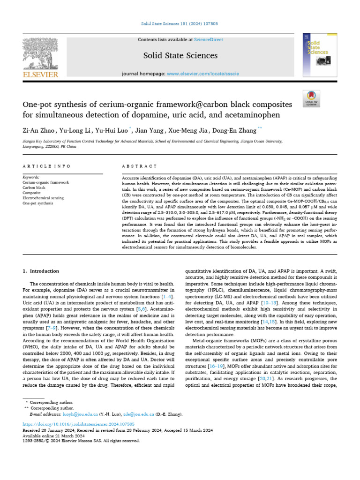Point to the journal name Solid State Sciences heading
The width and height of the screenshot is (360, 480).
[180, 56]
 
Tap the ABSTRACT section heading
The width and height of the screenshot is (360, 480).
[139, 166]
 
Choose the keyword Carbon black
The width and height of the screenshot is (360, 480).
[35, 187]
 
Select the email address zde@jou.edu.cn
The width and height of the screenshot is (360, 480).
[139, 414]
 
